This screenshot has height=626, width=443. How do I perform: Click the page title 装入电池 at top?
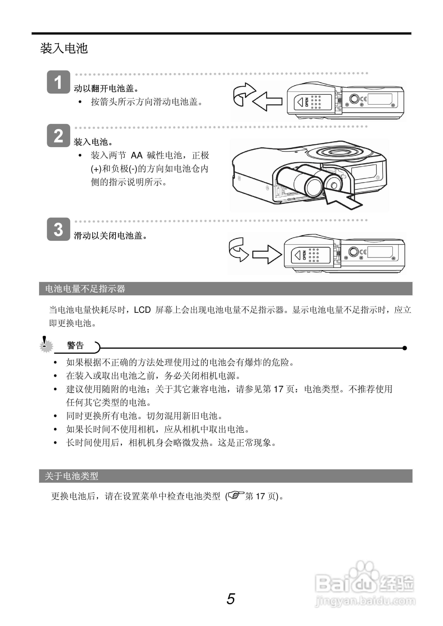pyautogui.click(x=64, y=49)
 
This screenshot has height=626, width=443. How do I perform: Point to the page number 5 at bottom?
pyautogui.click(x=231, y=599)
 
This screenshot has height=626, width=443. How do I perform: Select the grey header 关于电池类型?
pyautogui.click(x=71, y=476)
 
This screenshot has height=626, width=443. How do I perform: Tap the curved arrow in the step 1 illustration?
pyautogui.click(x=243, y=93)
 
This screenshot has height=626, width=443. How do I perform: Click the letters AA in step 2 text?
pyautogui.click(x=137, y=155)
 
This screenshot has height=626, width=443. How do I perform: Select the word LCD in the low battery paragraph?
pyautogui.click(x=142, y=310)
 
